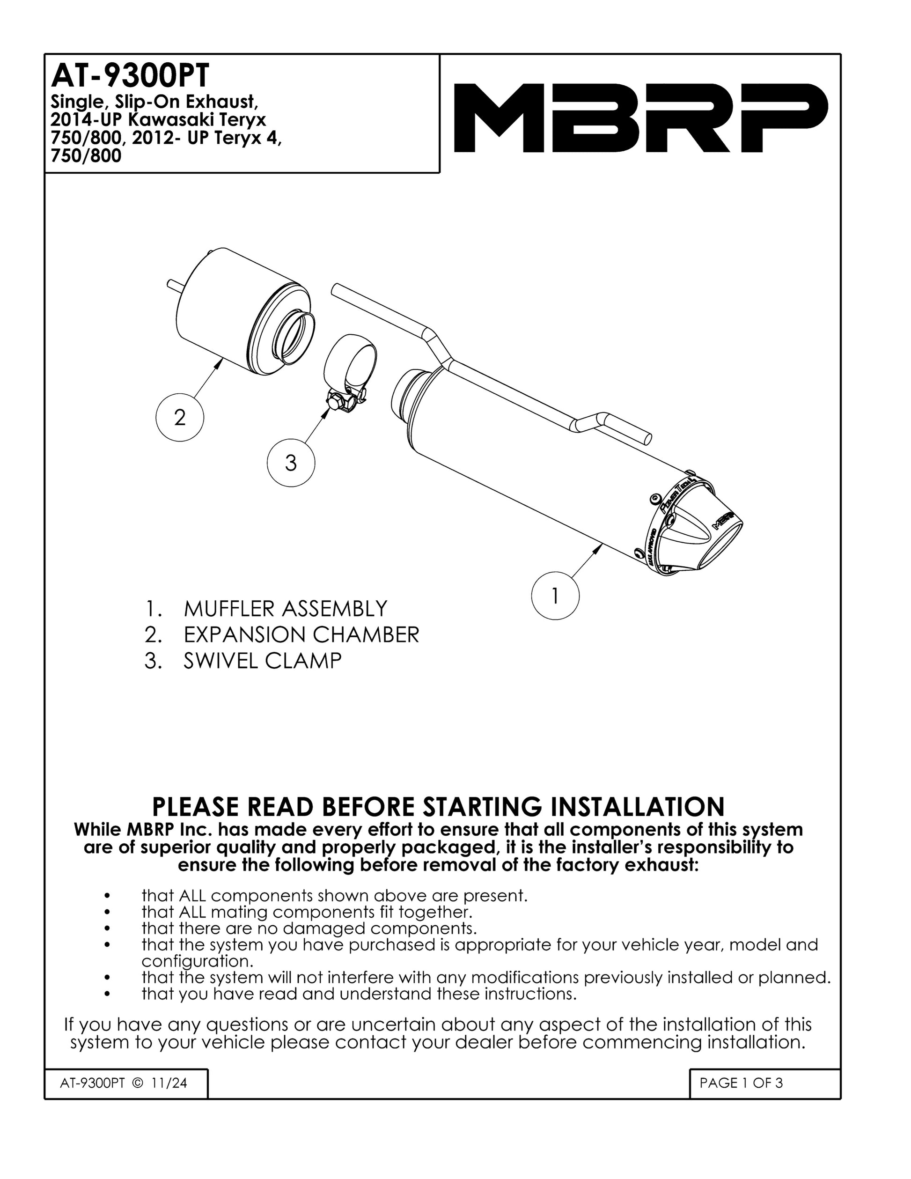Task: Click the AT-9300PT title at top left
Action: [x=129, y=77]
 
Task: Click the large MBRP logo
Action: [x=640, y=118]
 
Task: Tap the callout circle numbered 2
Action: [x=180, y=417]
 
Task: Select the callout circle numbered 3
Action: [x=291, y=463]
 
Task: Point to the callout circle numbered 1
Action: [x=555, y=596]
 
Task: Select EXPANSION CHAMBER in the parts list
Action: [x=301, y=634]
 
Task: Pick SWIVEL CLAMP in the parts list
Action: [x=263, y=661]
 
